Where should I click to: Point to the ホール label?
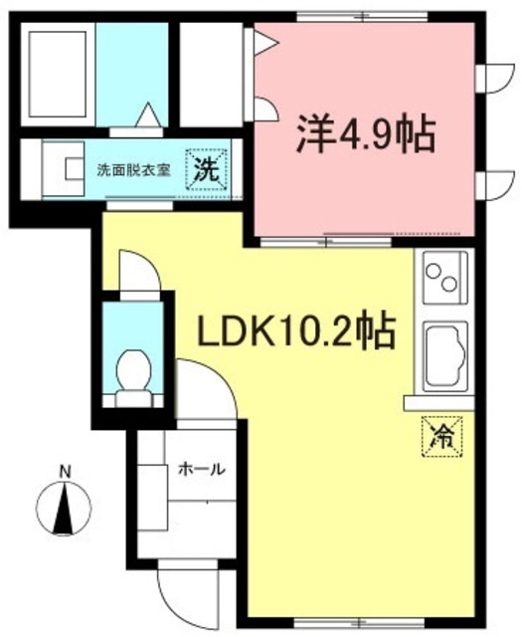click(201, 469)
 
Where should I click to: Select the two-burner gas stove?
click(444, 278)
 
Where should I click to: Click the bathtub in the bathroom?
click(57, 75)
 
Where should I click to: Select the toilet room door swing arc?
click(137, 269)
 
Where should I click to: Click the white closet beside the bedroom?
click(210, 75)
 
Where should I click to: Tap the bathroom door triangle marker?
click(146, 116)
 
